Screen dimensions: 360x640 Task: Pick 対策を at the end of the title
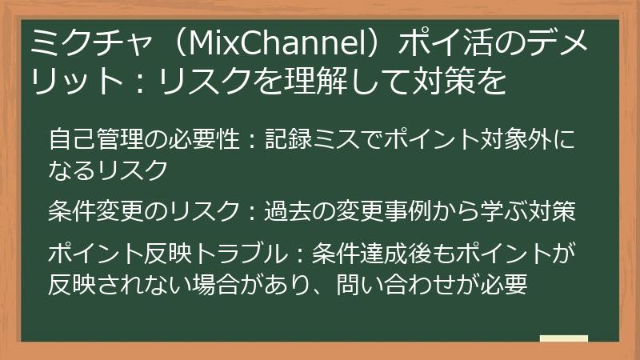coord(468,81)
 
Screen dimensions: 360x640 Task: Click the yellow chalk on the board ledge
coord(564,339)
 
